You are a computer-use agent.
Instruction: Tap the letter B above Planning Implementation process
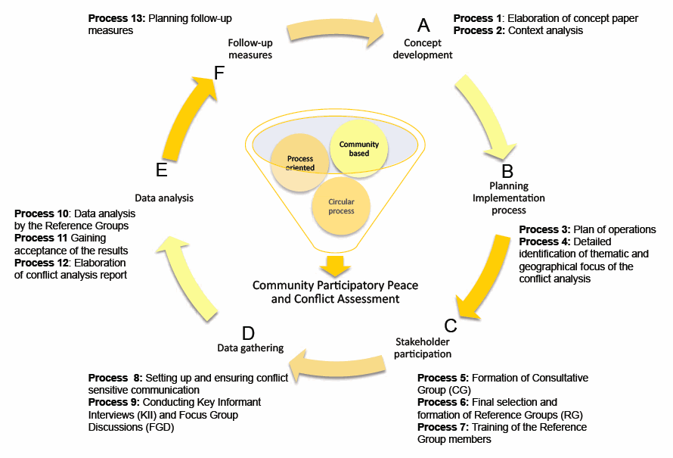pyautogui.click(x=507, y=171)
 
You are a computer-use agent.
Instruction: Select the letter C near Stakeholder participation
pyautogui.click(x=451, y=326)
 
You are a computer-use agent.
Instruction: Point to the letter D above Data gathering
pyautogui.click(x=248, y=332)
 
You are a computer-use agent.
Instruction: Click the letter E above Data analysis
pyautogui.click(x=161, y=170)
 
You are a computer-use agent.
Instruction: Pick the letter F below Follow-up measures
pyautogui.click(x=219, y=73)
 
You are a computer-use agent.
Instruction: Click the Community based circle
pyautogui.click(x=359, y=148)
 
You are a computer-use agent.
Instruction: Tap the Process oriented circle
pyautogui.click(x=300, y=162)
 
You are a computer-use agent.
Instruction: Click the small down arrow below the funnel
pyautogui.click(x=335, y=266)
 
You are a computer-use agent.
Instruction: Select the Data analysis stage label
pyautogui.click(x=164, y=198)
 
